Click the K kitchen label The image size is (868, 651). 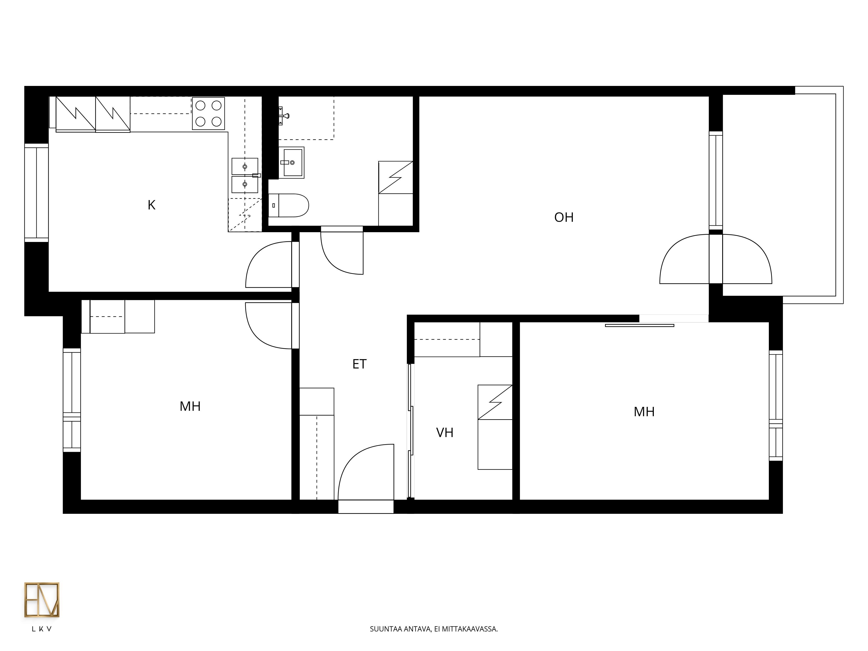[151, 205]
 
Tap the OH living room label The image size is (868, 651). [564, 217]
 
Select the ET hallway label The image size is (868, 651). [359, 364]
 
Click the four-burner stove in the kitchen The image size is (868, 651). [208, 113]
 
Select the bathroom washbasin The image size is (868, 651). [292, 163]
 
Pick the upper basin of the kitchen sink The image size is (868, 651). [245, 166]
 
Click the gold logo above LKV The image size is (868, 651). [42, 600]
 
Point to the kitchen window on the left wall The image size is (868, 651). [36, 193]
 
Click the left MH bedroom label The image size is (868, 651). [190, 406]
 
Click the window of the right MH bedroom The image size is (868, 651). [776, 405]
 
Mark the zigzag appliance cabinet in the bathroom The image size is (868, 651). [396, 177]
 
